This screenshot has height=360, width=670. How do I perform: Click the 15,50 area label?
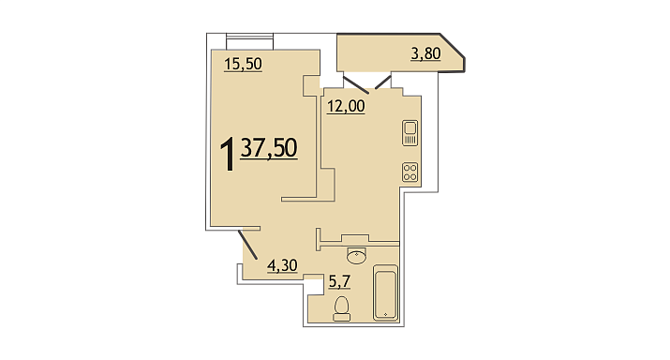[x=243, y=64]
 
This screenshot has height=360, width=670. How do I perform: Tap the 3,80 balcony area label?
[x=425, y=53]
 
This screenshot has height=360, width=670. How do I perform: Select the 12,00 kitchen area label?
[x=346, y=106]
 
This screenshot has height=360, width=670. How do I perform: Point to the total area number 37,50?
[x=269, y=148]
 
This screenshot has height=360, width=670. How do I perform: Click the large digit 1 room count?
[x=228, y=154]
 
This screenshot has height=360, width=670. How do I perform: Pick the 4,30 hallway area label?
[x=282, y=265]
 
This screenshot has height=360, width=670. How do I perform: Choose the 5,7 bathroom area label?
[x=339, y=281]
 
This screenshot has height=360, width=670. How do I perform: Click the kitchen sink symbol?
[x=410, y=133]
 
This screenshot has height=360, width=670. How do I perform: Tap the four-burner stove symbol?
[x=410, y=172]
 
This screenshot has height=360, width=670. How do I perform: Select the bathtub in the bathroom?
[x=385, y=292]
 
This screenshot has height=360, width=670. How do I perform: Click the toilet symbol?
[x=341, y=308]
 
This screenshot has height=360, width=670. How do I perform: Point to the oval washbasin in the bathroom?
[x=356, y=256]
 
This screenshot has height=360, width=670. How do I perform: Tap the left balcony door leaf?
[x=356, y=85]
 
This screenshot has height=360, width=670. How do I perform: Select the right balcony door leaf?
[x=383, y=82]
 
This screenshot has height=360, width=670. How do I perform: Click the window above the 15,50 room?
[x=249, y=41]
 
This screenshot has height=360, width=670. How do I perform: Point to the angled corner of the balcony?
[x=452, y=45]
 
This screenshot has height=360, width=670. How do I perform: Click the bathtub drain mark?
[x=385, y=314]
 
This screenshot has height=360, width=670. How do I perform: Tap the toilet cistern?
[x=341, y=317]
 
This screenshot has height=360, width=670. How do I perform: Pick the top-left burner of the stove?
[x=407, y=168]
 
